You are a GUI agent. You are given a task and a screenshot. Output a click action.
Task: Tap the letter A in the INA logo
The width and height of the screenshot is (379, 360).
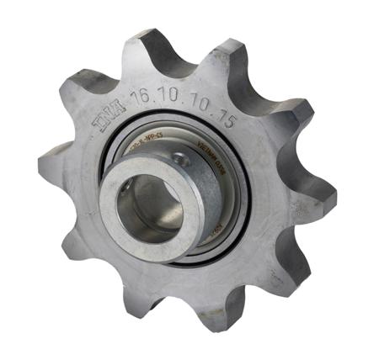(119, 113)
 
